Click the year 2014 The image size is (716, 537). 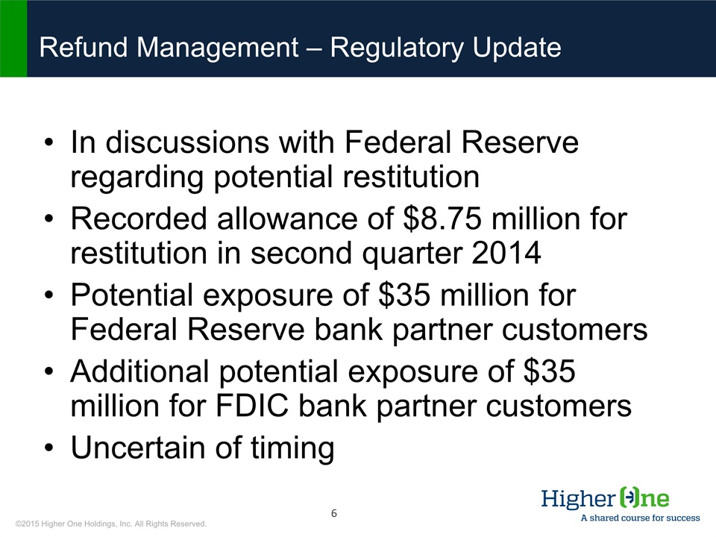click(x=506, y=253)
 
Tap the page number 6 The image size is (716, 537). click(x=334, y=513)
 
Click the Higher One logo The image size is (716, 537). click(x=605, y=497)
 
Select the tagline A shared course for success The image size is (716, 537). click(x=640, y=518)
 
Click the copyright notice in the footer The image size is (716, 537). click(x=111, y=524)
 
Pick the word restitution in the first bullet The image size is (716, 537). click(x=411, y=178)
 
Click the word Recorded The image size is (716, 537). click(x=139, y=219)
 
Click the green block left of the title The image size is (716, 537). click(x=13, y=38)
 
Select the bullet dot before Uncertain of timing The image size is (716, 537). click(x=49, y=447)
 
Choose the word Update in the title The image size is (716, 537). click(x=516, y=48)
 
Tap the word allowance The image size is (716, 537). click(x=288, y=219)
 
